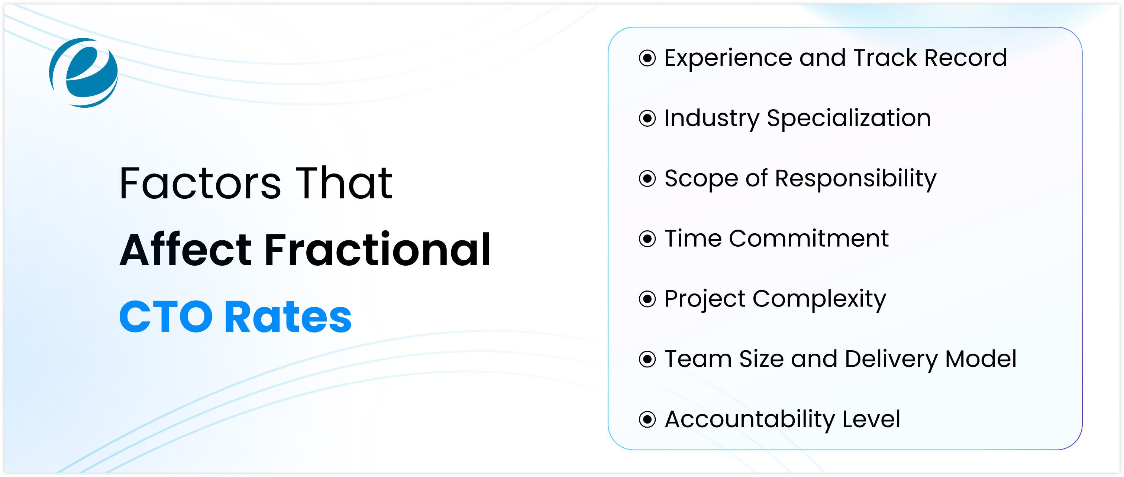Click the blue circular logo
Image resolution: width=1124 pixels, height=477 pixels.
(x=83, y=73)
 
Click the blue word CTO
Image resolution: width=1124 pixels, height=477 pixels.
(x=166, y=317)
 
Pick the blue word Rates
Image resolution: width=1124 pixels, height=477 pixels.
(x=288, y=317)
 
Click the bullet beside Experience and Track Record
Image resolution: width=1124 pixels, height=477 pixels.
(x=647, y=58)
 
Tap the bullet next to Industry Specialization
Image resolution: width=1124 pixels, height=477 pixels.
(x=647, y=118)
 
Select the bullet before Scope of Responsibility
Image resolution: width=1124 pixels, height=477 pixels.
(x=647, y=178)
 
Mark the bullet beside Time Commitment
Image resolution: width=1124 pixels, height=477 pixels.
(x=647, y=238)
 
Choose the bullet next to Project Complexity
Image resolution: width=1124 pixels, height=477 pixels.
(x=647, y=299)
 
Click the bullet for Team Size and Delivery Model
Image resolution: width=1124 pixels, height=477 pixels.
(x=647, y=359)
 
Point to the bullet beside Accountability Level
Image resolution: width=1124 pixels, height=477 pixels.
(x=647, y=419)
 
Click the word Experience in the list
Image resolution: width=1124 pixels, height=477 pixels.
(x=728, y=59)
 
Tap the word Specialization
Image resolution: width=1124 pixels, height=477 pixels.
(x=849, y=119)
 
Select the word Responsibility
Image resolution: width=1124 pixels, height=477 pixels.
(x=856, y=179)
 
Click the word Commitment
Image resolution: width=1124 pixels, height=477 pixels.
(x=808, y=238)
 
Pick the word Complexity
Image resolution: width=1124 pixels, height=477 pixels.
(x=820, y=300)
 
